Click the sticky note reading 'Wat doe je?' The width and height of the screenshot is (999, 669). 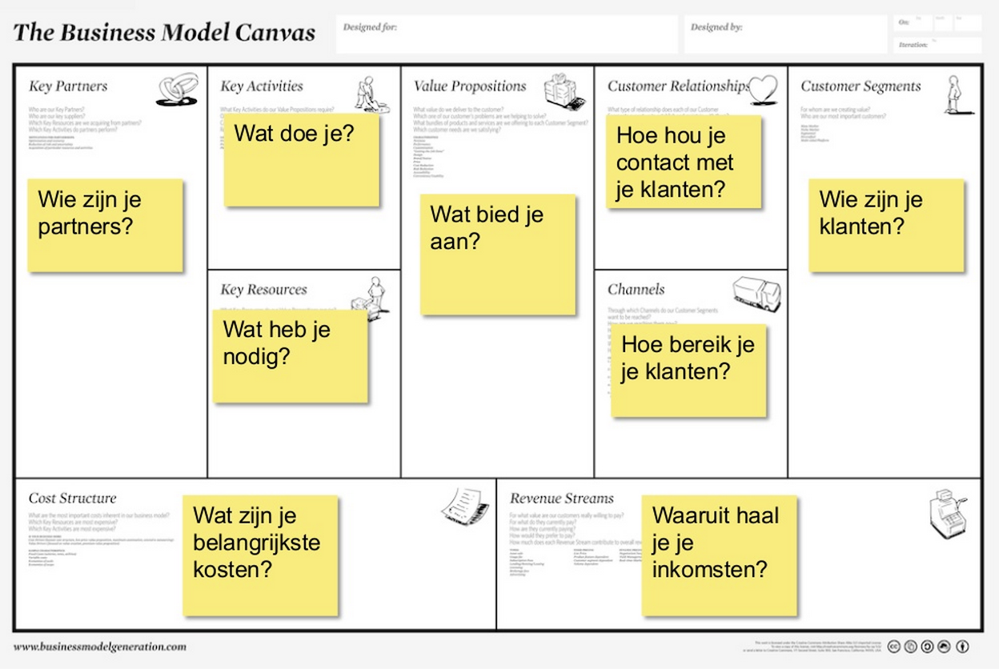(301, 160)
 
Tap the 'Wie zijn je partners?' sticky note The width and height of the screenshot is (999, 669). (105, 225)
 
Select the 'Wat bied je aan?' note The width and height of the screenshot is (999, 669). (498, 254)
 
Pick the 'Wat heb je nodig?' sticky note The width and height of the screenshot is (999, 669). (290, 355)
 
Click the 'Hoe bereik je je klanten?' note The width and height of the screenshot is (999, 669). (688, 371)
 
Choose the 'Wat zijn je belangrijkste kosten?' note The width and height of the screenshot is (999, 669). (260, 555)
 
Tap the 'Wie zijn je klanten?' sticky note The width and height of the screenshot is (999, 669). (885, 225)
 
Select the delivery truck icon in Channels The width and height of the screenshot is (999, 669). (756, 293)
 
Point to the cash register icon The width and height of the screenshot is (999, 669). (949, 511)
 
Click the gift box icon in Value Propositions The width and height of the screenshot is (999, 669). (560, 90)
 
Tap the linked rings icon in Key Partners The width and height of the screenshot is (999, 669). (177, 89)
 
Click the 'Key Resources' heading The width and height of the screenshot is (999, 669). (263, 290)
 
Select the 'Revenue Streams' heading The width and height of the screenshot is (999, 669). (562, 499)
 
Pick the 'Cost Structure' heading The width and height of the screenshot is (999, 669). (72, 499)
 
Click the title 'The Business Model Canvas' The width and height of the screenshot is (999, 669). (164, 33)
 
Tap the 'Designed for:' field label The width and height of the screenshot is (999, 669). (370, 27)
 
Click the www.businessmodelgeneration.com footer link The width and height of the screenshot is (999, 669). (99, 647)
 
